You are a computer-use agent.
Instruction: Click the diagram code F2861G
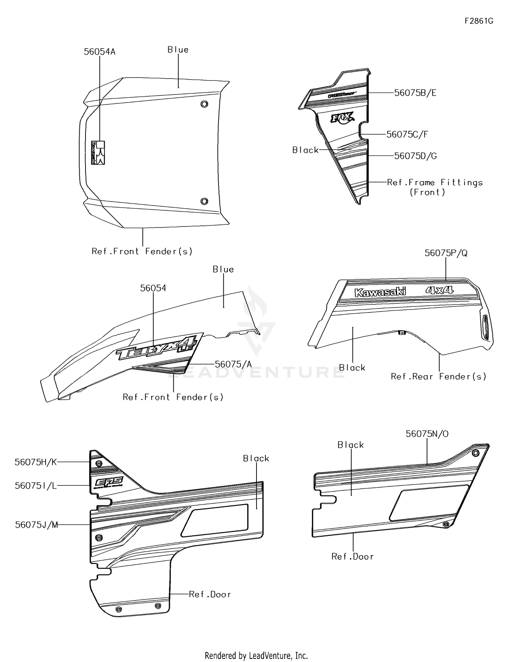[x=478, y=21]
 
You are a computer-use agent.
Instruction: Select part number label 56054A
[x=100, y=52]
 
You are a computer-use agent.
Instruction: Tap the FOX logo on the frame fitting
[x=342, y=118]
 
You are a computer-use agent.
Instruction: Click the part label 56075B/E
[x=415, y=93]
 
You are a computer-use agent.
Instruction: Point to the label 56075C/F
[x=407, y=135]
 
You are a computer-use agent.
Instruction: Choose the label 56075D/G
[x=415, y=156]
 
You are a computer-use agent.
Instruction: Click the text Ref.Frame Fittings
[x=434, y=183]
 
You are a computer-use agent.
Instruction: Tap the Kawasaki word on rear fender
[x=380, y=292]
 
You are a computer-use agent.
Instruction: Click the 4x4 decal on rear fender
[x=439, y=290]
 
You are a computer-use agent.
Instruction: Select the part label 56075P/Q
[x=446, y=253]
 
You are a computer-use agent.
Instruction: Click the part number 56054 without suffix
[x=153, y=288]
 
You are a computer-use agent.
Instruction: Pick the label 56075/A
[x=233, y=364]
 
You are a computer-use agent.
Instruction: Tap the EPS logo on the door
[x=107, y=483]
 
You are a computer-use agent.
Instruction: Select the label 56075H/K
[x=36, y=462]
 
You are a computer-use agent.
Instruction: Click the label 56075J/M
[x=36, y=525]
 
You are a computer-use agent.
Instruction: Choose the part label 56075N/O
[x=427, y=434]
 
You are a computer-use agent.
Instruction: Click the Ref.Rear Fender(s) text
[x=438, y=377]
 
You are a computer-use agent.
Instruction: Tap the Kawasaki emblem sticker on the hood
[x=98, y=153]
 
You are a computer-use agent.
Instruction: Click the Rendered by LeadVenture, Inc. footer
[x=256, y=656]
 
